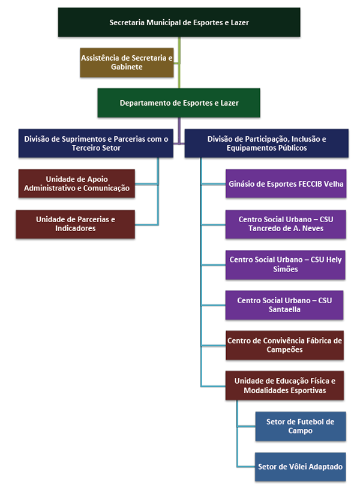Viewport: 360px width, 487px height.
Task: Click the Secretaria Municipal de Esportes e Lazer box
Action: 179,22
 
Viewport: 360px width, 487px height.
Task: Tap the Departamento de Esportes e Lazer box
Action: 179,103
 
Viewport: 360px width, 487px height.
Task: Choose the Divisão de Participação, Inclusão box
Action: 266,143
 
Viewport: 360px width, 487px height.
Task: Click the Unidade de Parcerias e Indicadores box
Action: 75,224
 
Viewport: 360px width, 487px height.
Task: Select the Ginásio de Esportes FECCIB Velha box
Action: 286,184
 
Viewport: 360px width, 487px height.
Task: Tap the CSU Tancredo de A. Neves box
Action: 285,224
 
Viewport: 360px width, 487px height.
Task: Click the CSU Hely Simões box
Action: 285,265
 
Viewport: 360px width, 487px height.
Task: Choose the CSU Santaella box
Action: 284,305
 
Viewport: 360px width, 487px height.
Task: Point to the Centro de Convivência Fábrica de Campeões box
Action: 284,345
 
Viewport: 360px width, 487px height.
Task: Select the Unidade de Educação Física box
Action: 284,386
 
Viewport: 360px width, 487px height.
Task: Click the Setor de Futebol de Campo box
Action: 300,426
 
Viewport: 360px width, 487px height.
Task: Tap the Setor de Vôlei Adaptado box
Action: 300,467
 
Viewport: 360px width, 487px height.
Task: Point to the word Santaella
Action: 284,310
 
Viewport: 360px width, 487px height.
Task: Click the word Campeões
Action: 284,350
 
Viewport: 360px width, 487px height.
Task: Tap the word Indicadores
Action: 75,229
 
